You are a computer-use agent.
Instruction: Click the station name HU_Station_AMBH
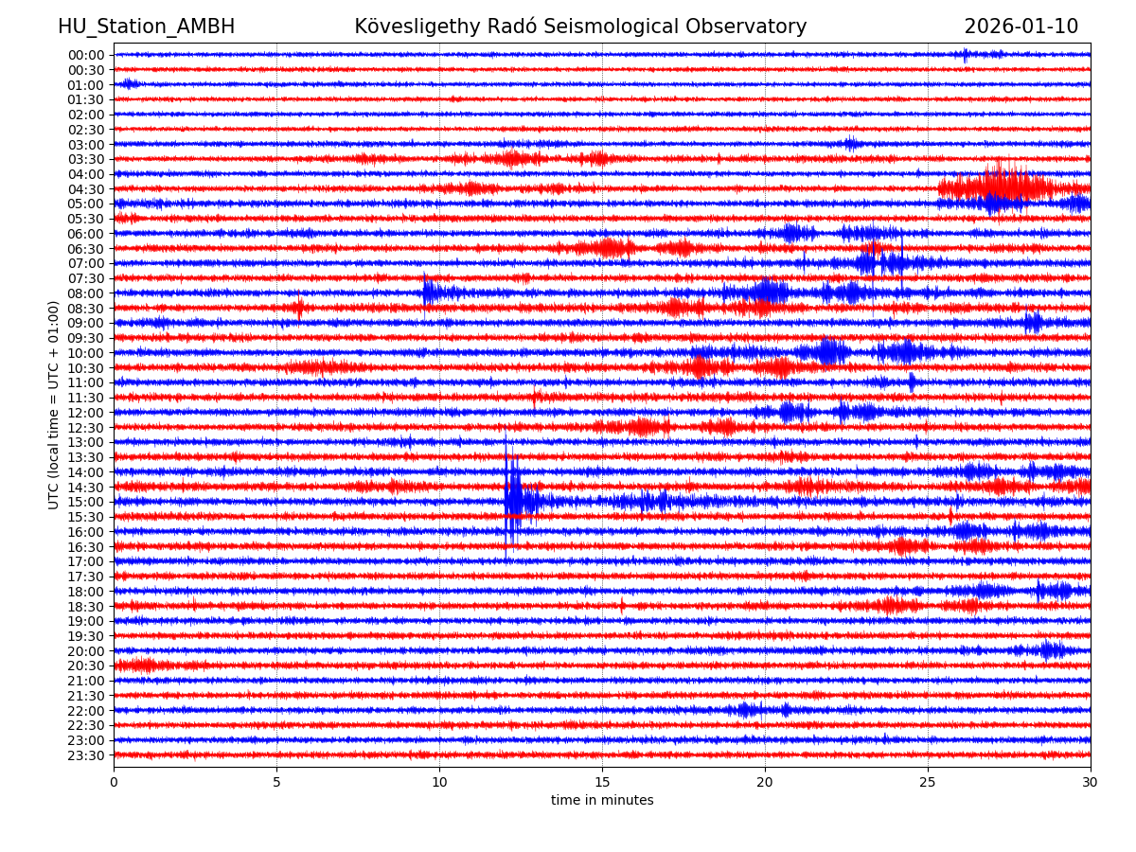[146, 27]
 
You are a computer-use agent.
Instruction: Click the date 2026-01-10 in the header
[1021, 27]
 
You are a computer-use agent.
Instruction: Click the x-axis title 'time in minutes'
[602, 801]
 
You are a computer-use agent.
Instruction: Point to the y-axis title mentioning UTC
[54, 404]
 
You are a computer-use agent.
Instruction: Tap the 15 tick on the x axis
[602, 782]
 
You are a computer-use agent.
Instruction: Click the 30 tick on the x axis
[1090, 782]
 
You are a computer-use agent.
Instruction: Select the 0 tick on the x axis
[114, 782]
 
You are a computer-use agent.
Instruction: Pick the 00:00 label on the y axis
[85, 55]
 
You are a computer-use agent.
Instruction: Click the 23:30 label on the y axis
[85, 755]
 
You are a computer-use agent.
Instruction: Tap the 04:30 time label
[85, 189]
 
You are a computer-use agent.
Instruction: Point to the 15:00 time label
[85, 502]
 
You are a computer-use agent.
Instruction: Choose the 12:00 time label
[85, 413]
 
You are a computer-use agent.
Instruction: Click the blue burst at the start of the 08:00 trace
[432, 293]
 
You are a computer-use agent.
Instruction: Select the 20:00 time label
[85, 651]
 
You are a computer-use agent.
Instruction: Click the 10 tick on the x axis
[439, 782]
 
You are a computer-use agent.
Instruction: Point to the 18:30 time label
[85, 607]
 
